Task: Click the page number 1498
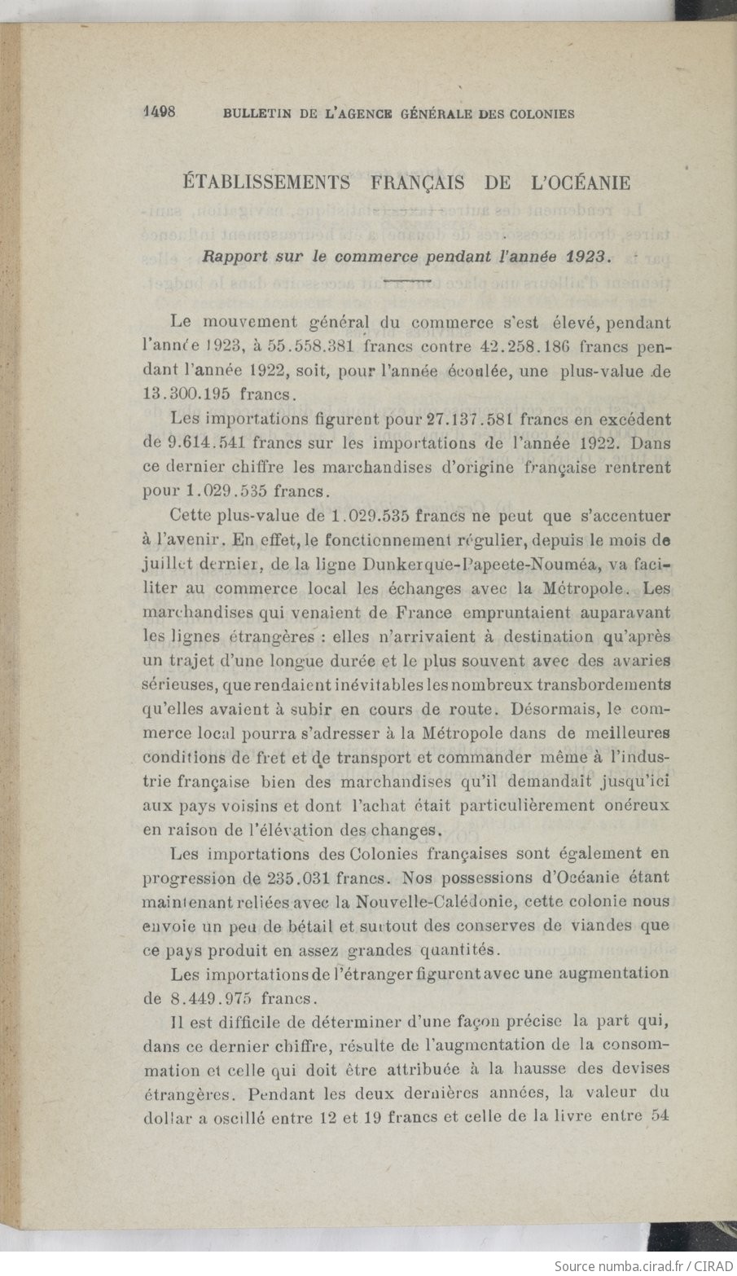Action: [160, 112]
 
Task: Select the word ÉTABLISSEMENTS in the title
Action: [266, 183]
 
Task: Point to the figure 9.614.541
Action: [201, 444]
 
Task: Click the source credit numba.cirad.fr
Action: [625, 1265]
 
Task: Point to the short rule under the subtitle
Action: [406, 281]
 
